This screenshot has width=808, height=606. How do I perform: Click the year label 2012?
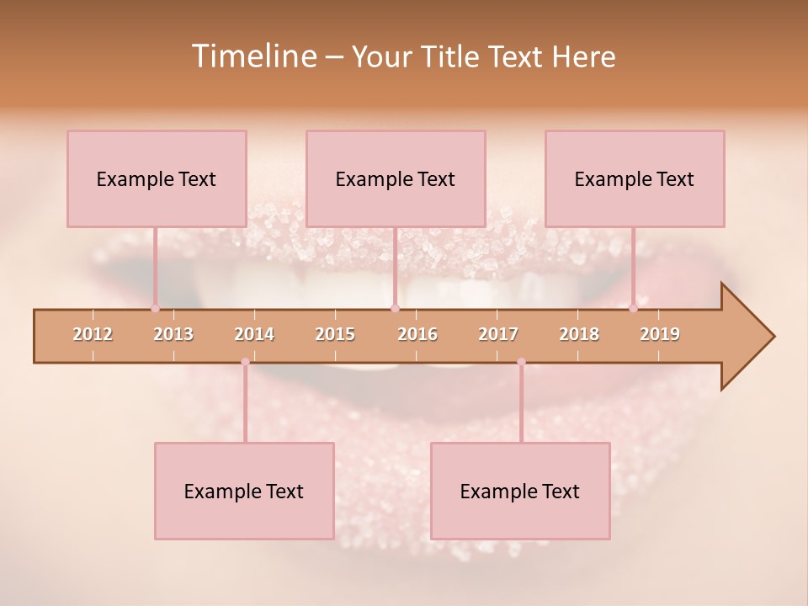pos(93,334)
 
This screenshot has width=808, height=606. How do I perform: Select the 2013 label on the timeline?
pos(173,334)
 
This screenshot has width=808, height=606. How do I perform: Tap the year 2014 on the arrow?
pos(254,334)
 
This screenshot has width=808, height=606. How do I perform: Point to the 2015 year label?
pos(335,334)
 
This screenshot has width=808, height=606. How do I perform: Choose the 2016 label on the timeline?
pos(417,334)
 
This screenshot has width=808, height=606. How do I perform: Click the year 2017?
pos(498,334)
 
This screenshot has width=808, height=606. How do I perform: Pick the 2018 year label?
pos(579,334)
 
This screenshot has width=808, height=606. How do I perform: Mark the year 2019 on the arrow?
pos(660,334)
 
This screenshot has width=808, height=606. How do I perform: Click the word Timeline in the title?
pos(253,56)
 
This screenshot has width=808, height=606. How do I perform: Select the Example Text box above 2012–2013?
pos(157,178)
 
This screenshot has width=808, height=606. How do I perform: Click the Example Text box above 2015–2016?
pos(396,178)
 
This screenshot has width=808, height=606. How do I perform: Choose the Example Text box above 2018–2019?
pos(635,178)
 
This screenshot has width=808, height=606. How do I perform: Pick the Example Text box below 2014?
pos(244,491)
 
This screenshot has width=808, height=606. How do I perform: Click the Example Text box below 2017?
pos(520,491)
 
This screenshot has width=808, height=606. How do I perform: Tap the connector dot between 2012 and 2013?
pos(155,308)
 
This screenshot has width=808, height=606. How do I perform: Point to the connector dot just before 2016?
pos(395,308)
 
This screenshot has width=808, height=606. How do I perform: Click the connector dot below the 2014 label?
pos(245,362)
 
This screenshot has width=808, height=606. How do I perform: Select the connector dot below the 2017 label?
pos(521,362)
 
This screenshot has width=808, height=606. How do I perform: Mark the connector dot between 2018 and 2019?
pos(633,308)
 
